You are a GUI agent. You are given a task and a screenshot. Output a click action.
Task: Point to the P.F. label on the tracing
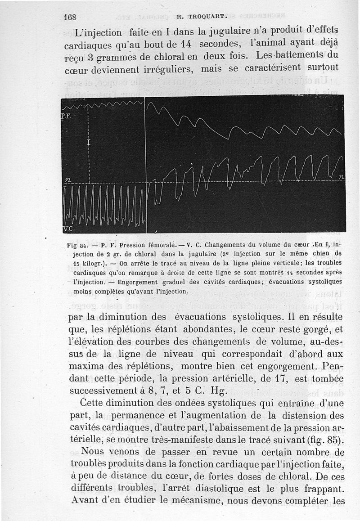point(66,116)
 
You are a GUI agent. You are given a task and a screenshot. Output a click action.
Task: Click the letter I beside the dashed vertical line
point(89,143)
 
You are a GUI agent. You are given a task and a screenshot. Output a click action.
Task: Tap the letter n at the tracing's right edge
point(341,178)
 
